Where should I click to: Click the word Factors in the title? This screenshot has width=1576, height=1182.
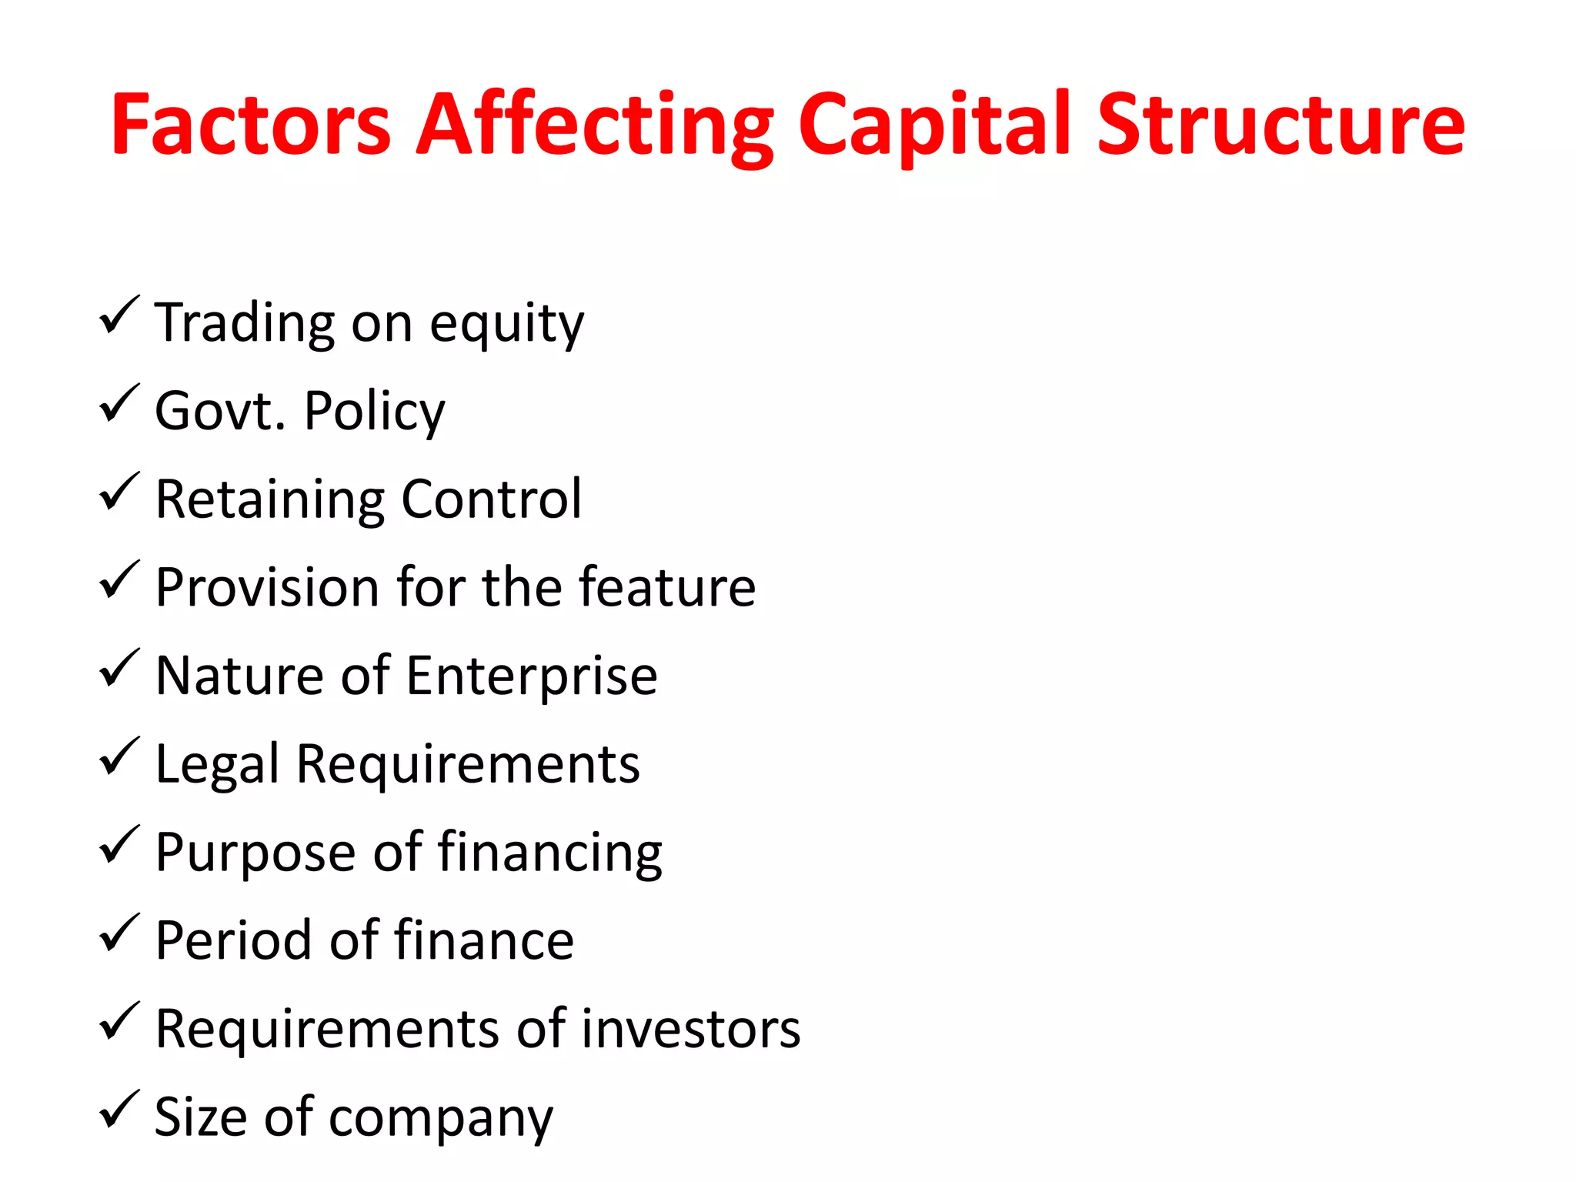click(251, 125)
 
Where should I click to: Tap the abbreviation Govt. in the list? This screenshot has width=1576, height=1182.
click(220, 411)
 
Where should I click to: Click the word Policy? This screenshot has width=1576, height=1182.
click(374, 412)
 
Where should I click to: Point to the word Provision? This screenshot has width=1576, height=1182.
click(266, 588)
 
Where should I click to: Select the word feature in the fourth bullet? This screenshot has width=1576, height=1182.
click(667, 587)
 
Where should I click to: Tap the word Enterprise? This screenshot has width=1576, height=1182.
click(531, 676)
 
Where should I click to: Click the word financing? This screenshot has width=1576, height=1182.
click(550, 853)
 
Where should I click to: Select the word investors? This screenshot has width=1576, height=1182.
click(690, 1029)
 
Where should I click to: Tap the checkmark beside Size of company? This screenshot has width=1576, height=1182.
click(119, 1110)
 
